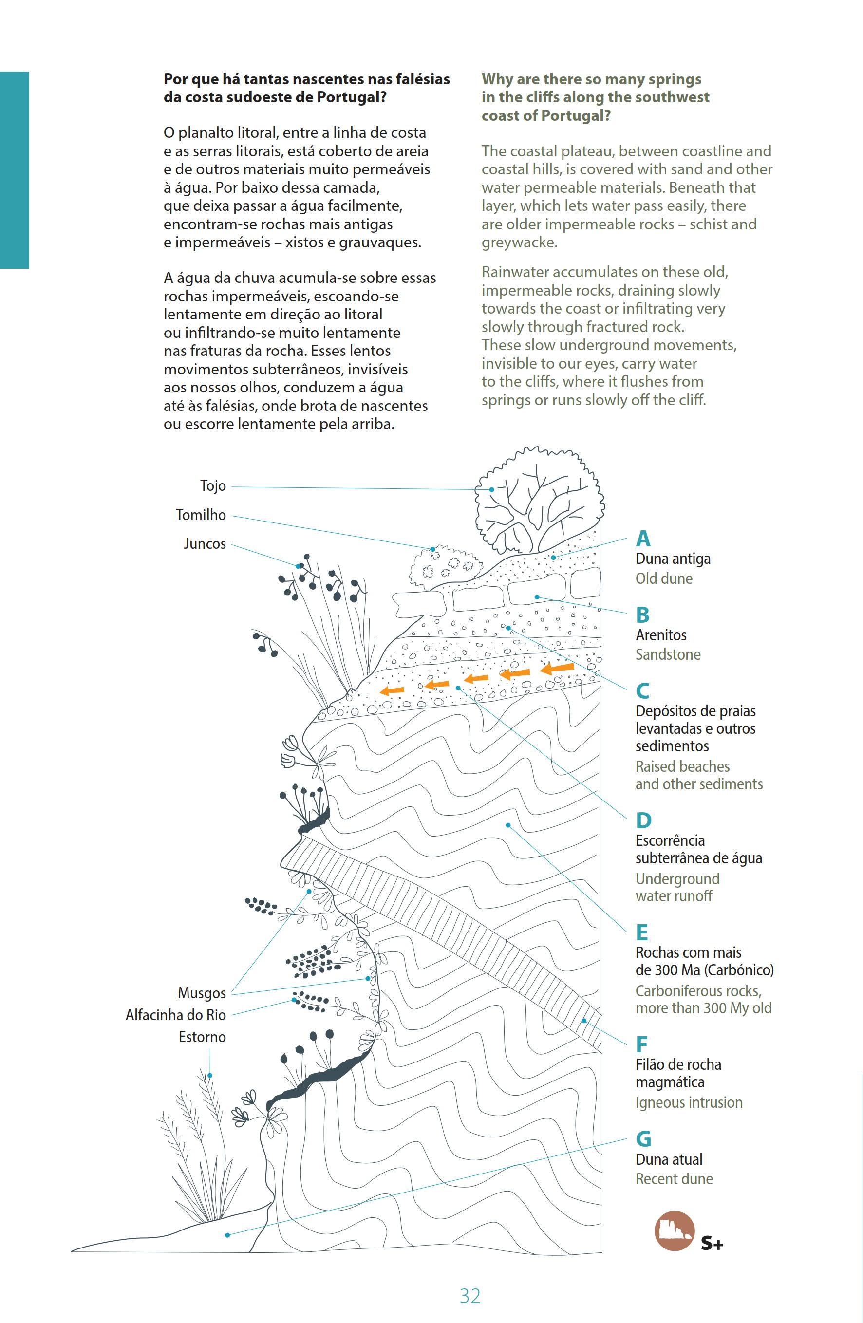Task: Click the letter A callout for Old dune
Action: click(643, 538)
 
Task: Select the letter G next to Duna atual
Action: click(643, 1138)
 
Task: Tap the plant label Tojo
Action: click(213, 486)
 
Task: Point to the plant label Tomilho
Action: click(201, 515)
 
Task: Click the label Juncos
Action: click(205, 543)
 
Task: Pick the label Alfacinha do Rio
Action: click(176, 1015)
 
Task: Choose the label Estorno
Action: click(203, 1037)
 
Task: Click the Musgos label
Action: click(202, 993)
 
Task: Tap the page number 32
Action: click(470, 1296)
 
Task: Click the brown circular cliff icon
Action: click(675, 1230)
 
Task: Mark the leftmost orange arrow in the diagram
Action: click(392, 690)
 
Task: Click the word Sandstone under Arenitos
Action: click(668, 654)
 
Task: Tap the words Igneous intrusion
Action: click(689, 1102)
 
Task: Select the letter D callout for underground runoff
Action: click(643, 820)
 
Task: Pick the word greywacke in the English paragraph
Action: click(519, 243)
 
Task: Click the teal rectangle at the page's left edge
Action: click(15, 170)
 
